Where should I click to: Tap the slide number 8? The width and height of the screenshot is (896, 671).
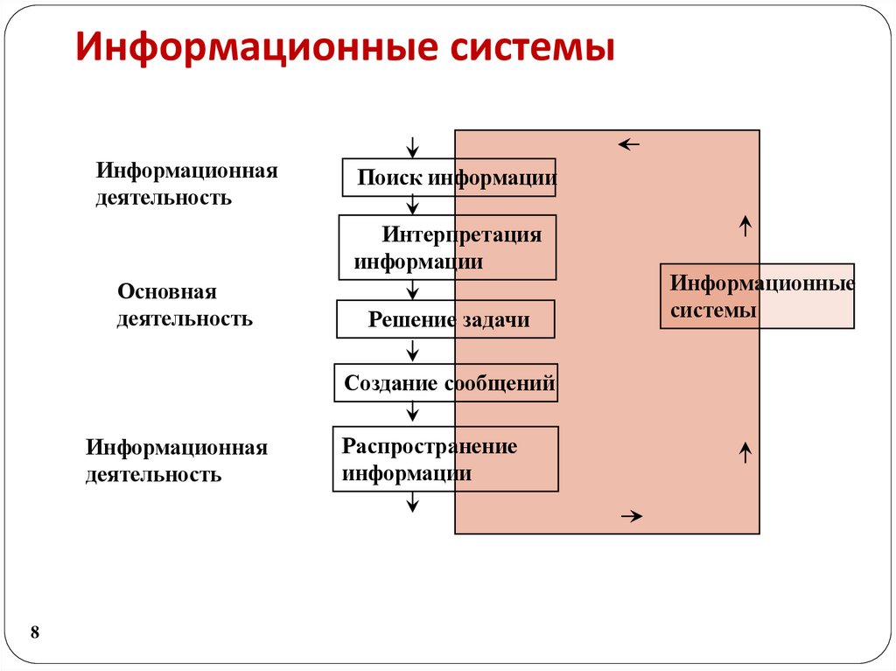(35, 633)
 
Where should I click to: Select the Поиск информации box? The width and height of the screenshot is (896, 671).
(448, 178)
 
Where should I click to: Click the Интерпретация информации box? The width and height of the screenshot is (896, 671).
(447, 248)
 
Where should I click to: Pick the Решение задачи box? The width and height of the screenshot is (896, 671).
(446, 319)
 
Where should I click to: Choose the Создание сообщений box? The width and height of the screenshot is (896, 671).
(446, 383)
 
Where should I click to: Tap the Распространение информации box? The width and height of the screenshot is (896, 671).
(445, 459)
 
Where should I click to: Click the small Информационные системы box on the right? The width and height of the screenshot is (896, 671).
(757, 297)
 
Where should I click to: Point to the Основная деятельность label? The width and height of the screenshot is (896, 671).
(185, 304)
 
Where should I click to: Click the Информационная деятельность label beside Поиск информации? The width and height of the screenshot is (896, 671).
(186, 184)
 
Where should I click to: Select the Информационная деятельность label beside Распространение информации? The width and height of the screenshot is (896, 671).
(176, 461)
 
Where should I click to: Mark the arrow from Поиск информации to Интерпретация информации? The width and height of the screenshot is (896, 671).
(413, 206)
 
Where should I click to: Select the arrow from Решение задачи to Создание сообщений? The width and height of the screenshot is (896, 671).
(413, 351)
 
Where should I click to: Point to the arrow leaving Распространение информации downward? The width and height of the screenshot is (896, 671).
(413, 502)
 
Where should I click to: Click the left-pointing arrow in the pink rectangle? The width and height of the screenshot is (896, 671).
(629, 144)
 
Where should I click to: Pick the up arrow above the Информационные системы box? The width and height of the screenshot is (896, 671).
(745, 227)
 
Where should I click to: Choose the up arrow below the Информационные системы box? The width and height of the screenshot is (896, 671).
(745, 452)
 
